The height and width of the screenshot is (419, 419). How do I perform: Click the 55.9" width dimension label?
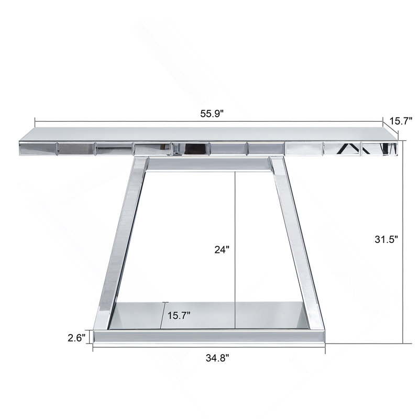(x=212, y=114)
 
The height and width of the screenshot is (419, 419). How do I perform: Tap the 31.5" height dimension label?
(x=386, y=239)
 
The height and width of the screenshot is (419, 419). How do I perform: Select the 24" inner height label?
(x=222, y=250)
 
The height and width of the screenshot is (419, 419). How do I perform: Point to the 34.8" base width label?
(x=217, y=358)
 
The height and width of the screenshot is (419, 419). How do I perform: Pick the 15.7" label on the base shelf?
(x=179, y=316)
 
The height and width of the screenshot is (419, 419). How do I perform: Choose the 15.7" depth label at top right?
(x=401, y=121)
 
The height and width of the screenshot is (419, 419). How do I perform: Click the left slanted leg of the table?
(x=121, y=243)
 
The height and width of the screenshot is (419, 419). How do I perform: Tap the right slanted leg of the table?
(x=296, y=243)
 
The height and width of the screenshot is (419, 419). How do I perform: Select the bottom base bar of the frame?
(x=209, y=336)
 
